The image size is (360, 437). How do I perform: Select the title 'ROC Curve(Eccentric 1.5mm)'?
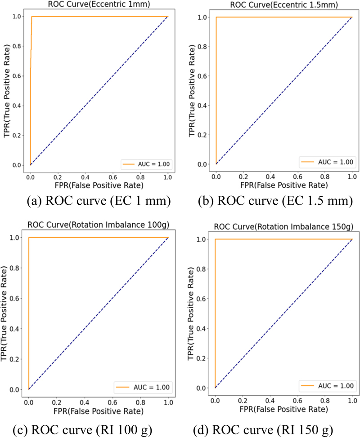pos(284,6)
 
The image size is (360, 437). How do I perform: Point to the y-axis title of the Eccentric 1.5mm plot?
pos(190,90)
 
